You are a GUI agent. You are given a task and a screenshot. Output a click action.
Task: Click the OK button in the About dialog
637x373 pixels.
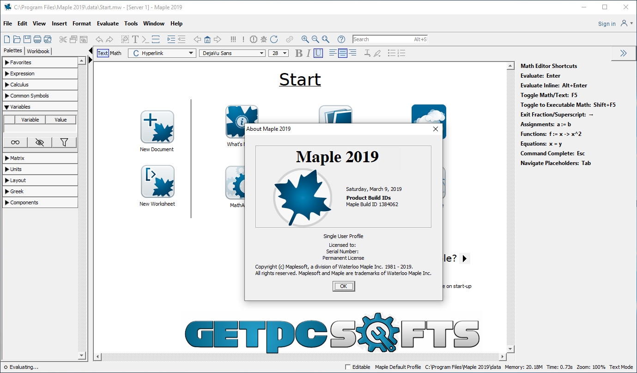click(344, 286)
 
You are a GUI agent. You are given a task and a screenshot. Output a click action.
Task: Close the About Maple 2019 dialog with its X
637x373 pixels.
click(436, 129)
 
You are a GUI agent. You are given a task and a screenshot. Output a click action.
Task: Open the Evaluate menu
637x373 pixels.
click(108, 24)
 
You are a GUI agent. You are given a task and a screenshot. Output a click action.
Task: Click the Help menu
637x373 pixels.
click(176, 24)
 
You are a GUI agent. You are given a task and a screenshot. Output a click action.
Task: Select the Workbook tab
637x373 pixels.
click(38, 51)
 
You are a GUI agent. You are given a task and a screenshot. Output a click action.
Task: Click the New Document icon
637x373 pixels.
click(157, 127)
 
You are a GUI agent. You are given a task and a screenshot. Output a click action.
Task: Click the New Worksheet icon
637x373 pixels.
click(158, 182)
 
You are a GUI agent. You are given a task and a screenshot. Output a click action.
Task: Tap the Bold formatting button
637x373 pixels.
click(298, 53)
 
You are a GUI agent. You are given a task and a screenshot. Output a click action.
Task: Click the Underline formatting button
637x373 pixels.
click(318, 53)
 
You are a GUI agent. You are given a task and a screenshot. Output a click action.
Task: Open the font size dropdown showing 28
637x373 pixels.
click(279, 53)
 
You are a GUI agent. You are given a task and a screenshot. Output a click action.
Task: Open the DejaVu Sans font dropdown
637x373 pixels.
click(232, 53)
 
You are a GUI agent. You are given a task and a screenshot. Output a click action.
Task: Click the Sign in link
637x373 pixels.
click(607, 24)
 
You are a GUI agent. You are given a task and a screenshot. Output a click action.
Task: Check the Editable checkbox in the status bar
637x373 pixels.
click(347, 367)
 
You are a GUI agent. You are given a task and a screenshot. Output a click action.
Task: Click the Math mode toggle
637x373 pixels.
click(115, 53)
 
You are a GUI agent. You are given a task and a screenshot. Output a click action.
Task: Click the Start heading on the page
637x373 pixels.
click(300, 79)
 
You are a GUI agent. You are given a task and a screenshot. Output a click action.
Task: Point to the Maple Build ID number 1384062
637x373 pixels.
click(388, 204)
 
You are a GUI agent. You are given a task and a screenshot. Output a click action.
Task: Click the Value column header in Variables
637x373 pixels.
click(61, 120)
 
